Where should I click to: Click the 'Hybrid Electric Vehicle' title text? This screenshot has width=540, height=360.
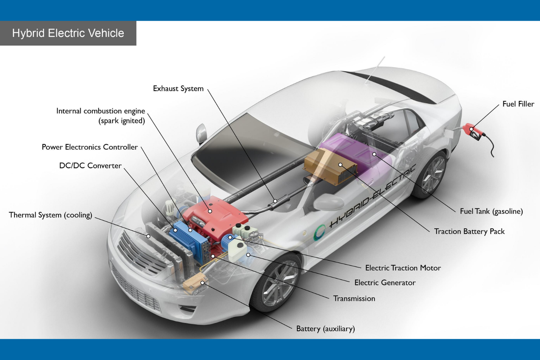68,33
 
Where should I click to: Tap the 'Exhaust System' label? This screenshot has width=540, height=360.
178,89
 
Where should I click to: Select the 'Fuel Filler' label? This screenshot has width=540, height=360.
518,104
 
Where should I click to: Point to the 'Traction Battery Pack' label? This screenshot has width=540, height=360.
469,231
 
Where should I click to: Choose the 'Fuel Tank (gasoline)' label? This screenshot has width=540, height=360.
491,211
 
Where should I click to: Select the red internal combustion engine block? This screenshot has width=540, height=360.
214,213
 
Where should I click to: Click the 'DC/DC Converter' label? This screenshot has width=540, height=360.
90,166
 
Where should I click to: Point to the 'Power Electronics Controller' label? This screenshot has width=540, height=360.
90,147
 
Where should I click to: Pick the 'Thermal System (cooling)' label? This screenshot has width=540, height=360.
50,215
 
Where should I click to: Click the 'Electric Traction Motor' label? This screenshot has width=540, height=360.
403,268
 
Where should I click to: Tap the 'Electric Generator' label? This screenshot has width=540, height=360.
385,283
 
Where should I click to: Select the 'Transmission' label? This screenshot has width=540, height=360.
354,298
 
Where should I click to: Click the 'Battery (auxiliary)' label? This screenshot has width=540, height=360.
325,329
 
